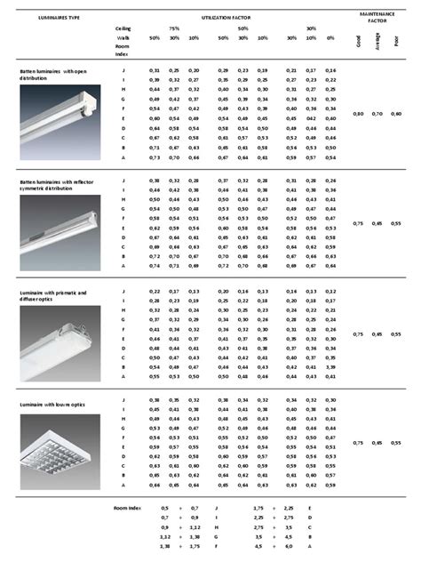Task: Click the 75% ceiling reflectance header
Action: pos(174,28)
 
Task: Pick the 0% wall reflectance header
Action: pos(330,38)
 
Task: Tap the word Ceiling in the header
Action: pos(124,28)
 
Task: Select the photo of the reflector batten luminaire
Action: pos(55,227)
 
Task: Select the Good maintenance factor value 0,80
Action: pos(358,115)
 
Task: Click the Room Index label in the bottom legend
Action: pos(129,507)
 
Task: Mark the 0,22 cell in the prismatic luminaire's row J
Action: pos(155,292)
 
